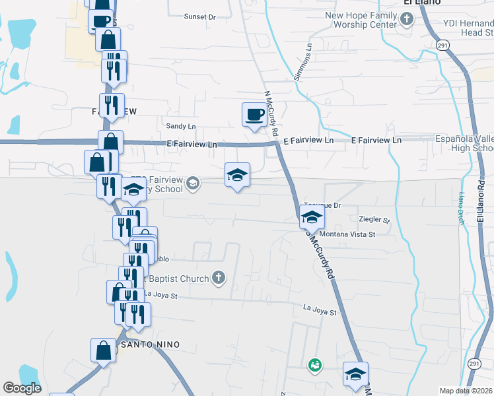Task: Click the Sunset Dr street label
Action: tap(199, 16)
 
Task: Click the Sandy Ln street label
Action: tap(181, 126)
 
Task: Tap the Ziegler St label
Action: tap(374, 218)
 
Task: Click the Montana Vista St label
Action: tap(347, 234)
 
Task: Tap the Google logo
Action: tap(22, 388)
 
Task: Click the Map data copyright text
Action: tap(466, 391)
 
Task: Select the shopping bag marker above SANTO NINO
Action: tap(104, 350)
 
